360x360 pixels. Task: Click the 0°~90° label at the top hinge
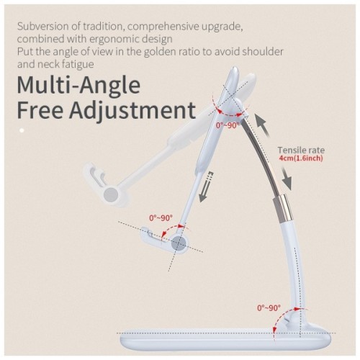[x=229, y=127]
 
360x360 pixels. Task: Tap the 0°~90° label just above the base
[x=269, y=308]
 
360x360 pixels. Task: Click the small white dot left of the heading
[x=22, y=130]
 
